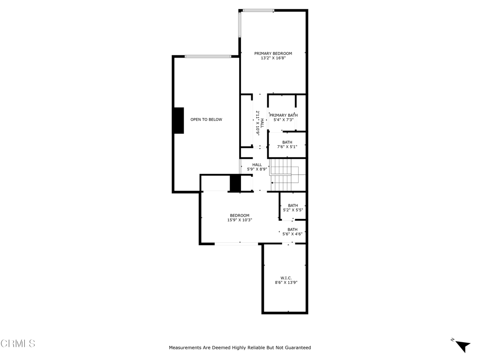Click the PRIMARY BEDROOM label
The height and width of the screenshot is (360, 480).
coord(273,53)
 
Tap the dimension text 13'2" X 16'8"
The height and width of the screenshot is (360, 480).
coord(273,59)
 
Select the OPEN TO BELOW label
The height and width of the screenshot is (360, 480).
coord(206,120)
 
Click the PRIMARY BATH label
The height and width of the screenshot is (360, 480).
coord(284,115)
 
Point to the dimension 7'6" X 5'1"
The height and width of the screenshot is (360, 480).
coord(287,147)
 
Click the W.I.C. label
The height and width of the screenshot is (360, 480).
coord(286,278)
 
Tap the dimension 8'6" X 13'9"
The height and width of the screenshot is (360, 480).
coord(286,283)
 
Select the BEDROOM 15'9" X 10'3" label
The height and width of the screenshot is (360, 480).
coord(240,217)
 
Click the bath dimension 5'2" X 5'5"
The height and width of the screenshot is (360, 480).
coord(292,210)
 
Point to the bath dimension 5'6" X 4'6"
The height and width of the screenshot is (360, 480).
coord(292,234)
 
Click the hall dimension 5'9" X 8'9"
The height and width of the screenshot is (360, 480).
coord(257,169)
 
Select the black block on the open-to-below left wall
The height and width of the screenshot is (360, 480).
coord(179,120)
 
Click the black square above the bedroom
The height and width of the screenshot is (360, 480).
coord(235,183)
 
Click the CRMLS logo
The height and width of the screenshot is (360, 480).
coord(18,344)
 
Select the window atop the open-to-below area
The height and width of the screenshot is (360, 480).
coord(208,57)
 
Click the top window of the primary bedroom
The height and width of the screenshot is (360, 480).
coord(258,10)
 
